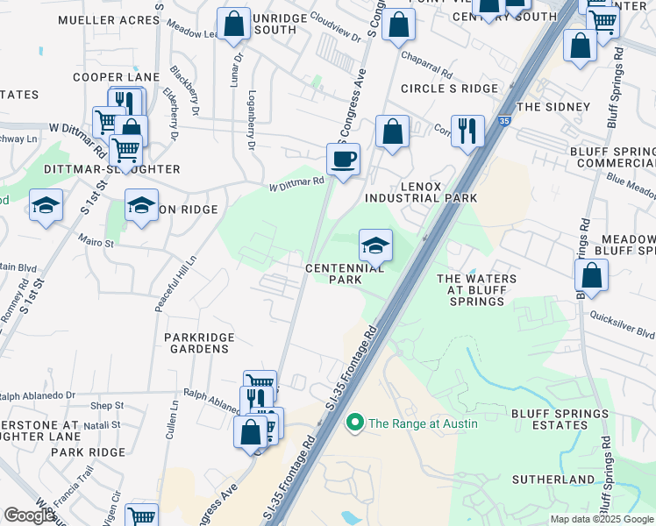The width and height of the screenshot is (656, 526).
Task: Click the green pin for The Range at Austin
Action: point(355,423)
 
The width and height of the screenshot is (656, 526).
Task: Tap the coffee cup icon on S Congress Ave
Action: point(343,160)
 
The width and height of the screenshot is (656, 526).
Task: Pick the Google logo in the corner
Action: point(30,515)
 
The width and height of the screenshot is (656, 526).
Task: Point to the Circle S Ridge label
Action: point(449,89)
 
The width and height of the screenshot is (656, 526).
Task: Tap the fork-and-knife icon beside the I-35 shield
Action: point(467,131)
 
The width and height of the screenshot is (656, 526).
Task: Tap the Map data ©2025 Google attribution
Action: point(601,519)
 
